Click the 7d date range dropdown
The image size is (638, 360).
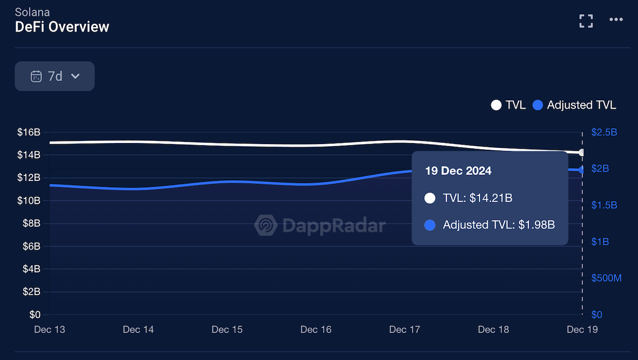[x=55, y=76]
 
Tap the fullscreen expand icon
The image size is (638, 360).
[x=586, y=21]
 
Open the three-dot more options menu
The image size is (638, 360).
[x=616, y=20]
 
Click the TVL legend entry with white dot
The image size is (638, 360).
[x=508, y=105]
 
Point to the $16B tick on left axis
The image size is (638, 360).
[x=28, y=132]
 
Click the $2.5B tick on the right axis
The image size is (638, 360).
[x=604, y=132]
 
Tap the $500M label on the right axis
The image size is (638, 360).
[x=606, y=278]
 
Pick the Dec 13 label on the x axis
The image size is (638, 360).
[x=49, y=330]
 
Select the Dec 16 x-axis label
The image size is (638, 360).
[x=316, y=330]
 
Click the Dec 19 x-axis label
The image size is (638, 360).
[x=582, y=330]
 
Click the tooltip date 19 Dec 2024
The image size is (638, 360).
[x=458, y=171]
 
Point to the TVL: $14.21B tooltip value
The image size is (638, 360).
[x=477, y=198]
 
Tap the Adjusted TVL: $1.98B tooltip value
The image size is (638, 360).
[x=498, y=225]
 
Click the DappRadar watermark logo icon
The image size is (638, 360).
[x=265, y=225]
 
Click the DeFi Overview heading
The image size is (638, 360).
[x=62, y=27]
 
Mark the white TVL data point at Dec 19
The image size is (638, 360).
[x=582, y=153]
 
